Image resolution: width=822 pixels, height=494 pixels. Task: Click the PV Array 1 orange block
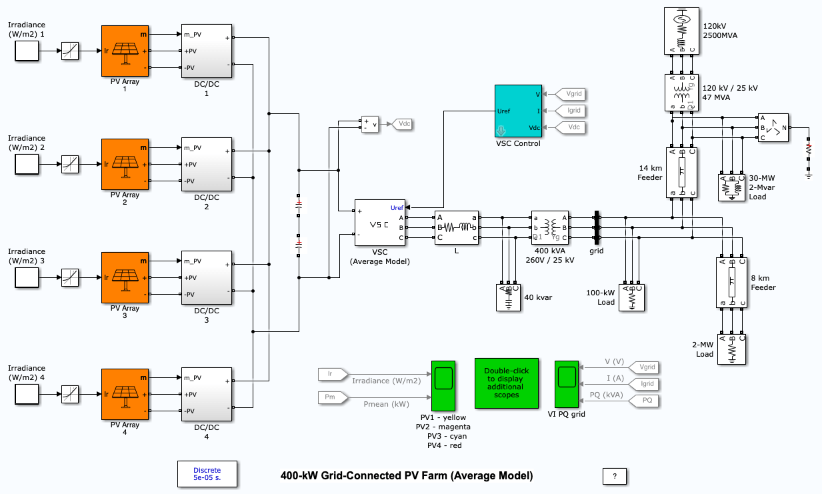[125, 51]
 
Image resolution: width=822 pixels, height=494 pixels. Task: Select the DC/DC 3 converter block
[206, 277]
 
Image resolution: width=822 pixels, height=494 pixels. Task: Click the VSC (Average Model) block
[379, 227]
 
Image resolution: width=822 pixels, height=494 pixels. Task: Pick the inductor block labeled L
[456, 227]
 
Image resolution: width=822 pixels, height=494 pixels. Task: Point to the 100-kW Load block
[633, 297]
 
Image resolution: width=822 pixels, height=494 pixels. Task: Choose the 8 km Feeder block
[732, 282]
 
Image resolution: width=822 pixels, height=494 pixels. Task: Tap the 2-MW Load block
[732, 349]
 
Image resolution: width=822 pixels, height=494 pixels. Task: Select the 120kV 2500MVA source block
[682, 31]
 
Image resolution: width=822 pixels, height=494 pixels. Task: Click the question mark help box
[614, 476]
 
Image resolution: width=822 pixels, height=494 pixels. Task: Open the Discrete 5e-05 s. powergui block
[207, 474]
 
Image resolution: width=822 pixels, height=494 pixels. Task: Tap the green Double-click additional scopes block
[506, 383]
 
